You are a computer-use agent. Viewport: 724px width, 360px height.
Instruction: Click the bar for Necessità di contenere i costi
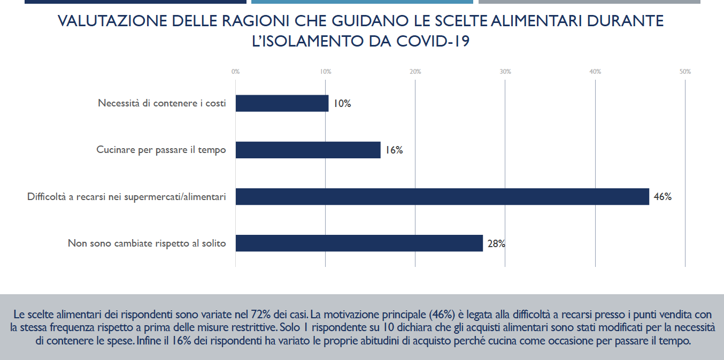coord(282,103)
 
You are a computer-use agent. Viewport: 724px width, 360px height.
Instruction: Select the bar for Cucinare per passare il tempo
coord(308,150)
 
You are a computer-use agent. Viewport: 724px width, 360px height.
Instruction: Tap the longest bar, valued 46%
coord(442,196)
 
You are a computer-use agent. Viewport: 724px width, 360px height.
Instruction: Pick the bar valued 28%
coord(359,243)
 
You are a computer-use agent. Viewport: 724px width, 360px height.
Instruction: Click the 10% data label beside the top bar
coord(342,104)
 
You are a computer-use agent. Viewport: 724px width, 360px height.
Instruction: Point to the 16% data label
coord(394,150)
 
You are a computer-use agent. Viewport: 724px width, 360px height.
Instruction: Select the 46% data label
coord(663,197)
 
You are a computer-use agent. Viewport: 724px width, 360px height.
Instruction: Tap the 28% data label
coord(496,244)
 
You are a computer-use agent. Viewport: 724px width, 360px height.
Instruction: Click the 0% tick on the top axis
coord(235,72)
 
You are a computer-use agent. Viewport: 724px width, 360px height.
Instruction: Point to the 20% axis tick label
coord(415,72)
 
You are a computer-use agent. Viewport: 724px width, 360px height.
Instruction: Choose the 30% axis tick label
coord(505,72)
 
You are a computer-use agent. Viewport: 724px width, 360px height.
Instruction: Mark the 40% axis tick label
coord(595,72)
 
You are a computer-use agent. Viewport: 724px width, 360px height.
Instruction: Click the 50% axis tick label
coord(685,72)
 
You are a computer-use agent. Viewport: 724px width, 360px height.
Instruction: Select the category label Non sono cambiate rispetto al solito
coord(147,243)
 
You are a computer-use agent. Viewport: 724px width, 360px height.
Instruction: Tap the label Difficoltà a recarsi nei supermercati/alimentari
coord(127,197)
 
